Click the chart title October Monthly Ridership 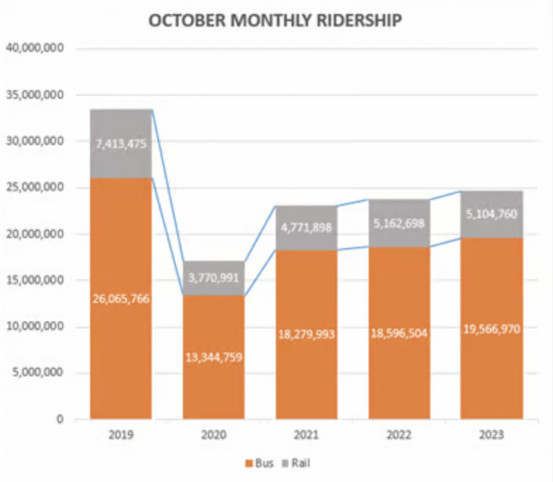click(275, 20)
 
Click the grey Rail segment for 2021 click(306, 240)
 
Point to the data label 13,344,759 click(213, 357)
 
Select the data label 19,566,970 click(492, 329)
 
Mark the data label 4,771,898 click(306, 228)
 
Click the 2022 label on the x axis click(399, 435)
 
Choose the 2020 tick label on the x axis click(213, 435)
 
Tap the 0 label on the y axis click(61, 420)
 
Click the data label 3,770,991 click(213, 278)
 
